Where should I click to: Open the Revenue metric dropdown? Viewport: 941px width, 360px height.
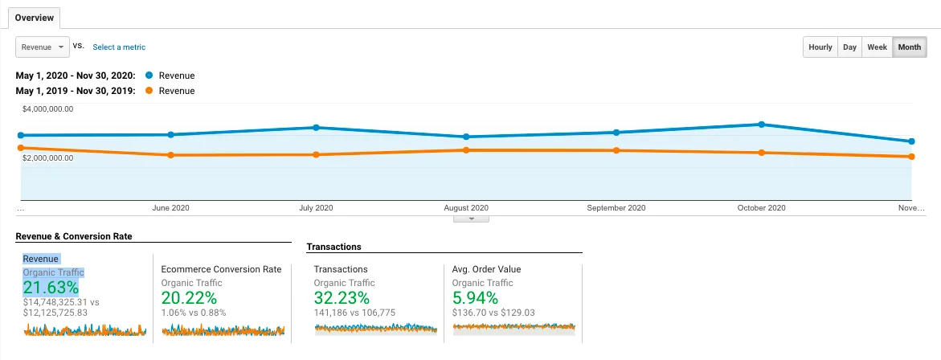(x=42, y=47)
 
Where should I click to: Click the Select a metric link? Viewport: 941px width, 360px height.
(x=119, y=47)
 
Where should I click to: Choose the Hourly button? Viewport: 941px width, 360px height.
(x=820, y=47)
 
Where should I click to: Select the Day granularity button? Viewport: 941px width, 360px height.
(x=849, y=47)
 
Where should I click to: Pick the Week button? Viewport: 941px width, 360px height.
(x=877, y=47)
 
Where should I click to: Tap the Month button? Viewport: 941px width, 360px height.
(x=910, y=47)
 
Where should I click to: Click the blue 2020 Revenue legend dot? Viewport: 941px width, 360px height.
(x=149, y=76)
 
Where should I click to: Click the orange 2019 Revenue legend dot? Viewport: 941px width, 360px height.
(x=149, y=91)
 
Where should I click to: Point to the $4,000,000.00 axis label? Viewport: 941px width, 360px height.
(x=48, y=109)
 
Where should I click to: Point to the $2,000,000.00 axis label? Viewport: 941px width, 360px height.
(x=48, y=157)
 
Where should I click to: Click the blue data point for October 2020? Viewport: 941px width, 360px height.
(x=761, y=125)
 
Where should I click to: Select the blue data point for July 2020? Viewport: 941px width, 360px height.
(x=317, y=127)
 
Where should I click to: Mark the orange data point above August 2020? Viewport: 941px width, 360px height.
(x=466, y=149)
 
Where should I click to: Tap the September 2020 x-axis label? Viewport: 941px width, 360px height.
(x=616, y=208)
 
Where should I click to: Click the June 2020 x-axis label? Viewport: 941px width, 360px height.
(x=170, y=208)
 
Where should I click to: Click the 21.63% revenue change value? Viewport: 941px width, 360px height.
(x=51, y=288)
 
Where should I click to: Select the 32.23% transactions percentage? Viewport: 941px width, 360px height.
(x=342, y=297)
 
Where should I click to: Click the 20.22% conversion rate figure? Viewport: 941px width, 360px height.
(x=189, y=297)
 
